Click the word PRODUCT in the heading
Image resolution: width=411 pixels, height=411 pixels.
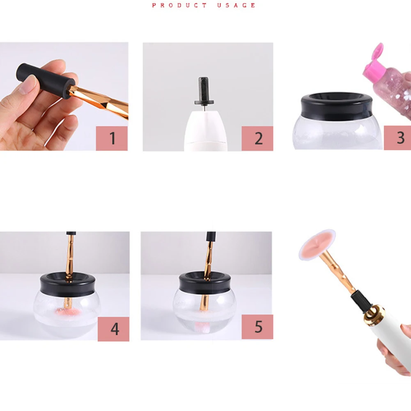coord(179,5)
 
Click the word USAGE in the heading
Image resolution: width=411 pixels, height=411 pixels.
coord(236,5)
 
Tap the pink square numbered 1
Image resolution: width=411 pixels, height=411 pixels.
coord(112,138)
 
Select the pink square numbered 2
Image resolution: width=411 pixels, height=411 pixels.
coord(257,138)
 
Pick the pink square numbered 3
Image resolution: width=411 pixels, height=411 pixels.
coord(397,138)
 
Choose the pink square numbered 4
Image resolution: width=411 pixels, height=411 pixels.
coord(113,329)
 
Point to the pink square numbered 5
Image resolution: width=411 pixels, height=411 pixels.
coord(257,327)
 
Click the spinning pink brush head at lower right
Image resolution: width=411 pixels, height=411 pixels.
coord(317,245)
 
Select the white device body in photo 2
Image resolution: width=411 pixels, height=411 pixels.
coord(205,131)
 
